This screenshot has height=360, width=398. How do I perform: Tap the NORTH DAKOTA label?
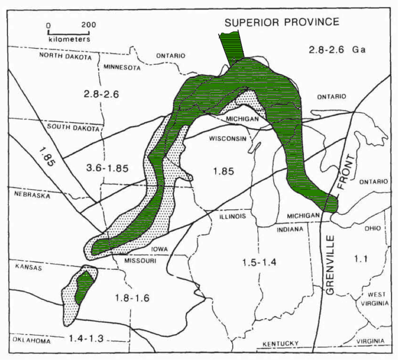click(x=65, y=57)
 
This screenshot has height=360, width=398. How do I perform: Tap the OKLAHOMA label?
click(x=32, y=341)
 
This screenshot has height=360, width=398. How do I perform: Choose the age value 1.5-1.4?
click(x=254, y=262)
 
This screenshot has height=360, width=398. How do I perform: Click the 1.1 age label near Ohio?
click(x=359, y=259)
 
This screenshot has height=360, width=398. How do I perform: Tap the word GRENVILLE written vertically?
click(x=330, y=262)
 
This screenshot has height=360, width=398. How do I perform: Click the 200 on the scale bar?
click(x=89, y=24)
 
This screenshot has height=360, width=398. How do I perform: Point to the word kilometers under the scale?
click(x=69, y=38)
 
